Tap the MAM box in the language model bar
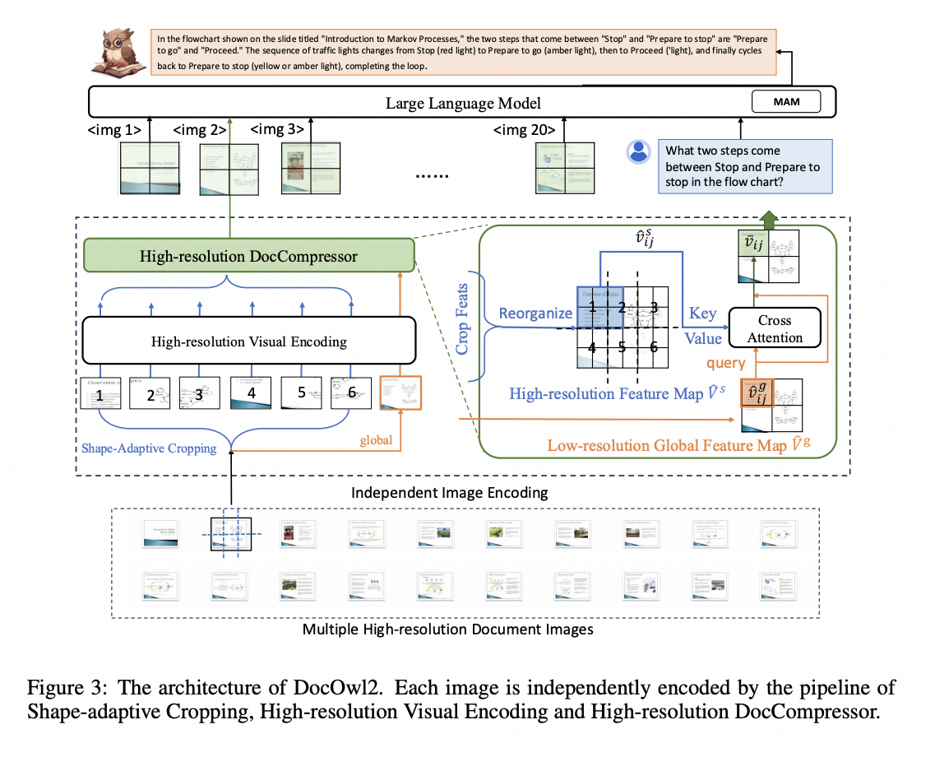point(786,102)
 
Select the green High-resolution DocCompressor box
point(248,257)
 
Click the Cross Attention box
point(775,328)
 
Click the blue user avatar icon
point(638,151)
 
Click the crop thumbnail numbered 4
point(251,392)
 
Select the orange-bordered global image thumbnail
point(400,392)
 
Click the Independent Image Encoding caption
point(449,494)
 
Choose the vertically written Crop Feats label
point(462,315)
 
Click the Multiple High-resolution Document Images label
point(448,630)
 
